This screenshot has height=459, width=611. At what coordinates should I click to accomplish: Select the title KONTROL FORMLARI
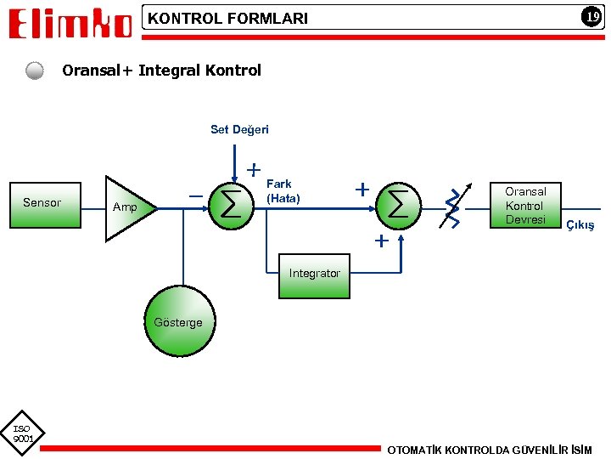tap(228, 18)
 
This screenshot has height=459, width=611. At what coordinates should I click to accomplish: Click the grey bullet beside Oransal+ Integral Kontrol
tap(35, 71)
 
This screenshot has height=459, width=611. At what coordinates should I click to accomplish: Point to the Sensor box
tap(45, 204)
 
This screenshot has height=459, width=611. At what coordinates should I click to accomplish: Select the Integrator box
tap(314, 275)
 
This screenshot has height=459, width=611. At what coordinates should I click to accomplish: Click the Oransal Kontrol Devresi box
tap(525, 205)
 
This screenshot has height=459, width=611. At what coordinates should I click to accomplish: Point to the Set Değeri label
tap(239, 130)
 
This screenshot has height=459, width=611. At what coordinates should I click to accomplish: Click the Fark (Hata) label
tap(283, 191)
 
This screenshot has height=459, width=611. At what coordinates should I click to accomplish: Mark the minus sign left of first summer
tap(195, 197)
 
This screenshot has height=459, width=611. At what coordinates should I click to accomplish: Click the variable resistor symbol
tap(453, 207)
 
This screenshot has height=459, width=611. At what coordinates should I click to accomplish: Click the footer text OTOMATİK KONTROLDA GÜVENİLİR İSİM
tap(490, 449)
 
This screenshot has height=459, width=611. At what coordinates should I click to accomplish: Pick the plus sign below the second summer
tap(382, 241)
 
